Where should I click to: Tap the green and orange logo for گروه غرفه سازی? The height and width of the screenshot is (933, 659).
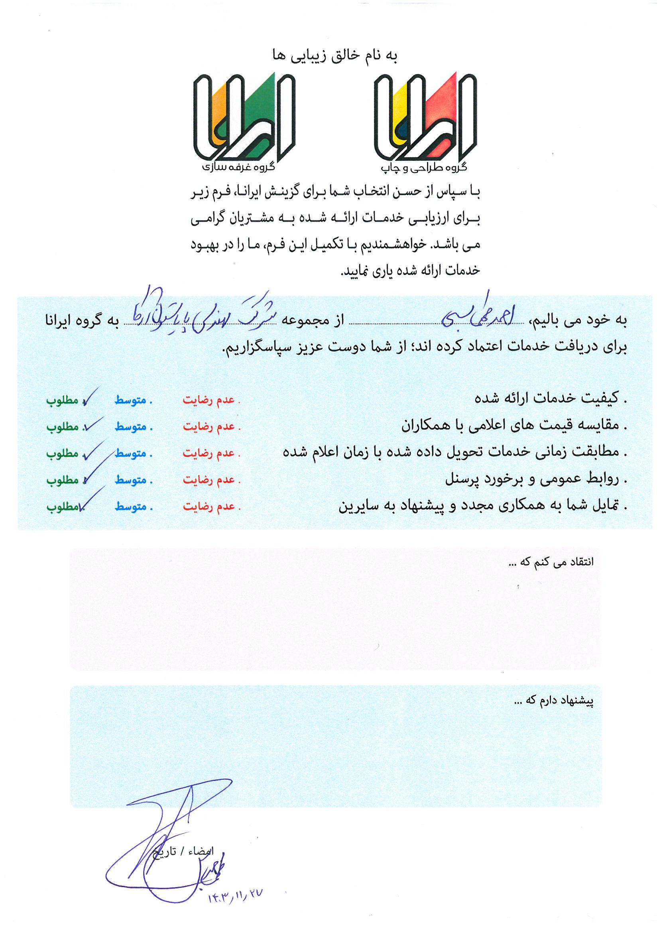[x=244, y=117]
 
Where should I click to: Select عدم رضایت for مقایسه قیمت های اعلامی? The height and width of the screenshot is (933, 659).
[x=211, y=427]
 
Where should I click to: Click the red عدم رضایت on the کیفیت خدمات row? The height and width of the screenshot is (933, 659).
[x=211, y=400]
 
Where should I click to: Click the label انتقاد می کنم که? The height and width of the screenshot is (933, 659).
[x=551, y=562]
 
